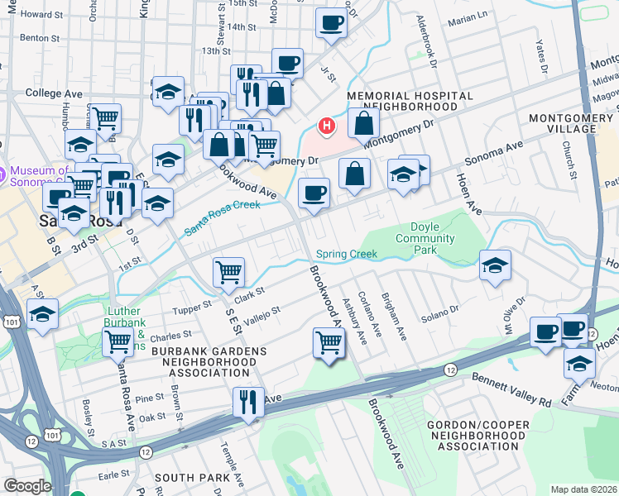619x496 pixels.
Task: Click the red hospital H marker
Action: [327, 126]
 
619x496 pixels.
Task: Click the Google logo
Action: [27, 486]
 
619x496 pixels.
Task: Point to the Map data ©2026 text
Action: [583, 489]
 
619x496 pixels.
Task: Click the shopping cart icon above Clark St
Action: [228, 271]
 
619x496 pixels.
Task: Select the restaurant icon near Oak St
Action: [248, 402]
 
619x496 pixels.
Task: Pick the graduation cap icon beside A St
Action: [42, 313]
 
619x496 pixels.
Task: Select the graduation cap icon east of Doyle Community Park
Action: [495, 265]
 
